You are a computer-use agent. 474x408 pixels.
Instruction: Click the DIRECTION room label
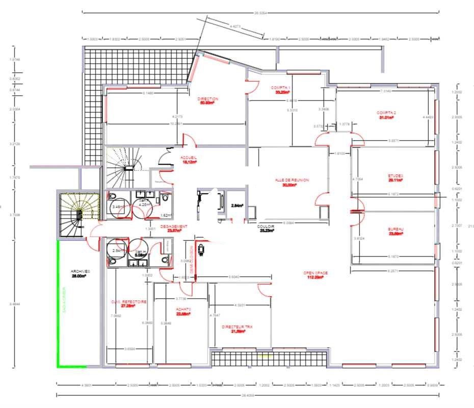(x=208, y=99)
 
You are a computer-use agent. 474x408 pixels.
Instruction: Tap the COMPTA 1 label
(x=282, y=88)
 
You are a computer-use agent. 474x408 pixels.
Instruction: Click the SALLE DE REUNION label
(x=292, y=180)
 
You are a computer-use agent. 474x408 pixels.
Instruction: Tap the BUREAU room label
(x=396, y=230)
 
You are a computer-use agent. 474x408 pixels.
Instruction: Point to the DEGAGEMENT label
(x=174, y=226)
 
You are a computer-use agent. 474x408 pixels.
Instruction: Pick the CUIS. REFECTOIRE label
(x=129, y=302)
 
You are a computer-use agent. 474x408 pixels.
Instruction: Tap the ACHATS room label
(x=183, y=310)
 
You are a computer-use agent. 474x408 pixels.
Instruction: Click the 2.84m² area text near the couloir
(x=237, y=206)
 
